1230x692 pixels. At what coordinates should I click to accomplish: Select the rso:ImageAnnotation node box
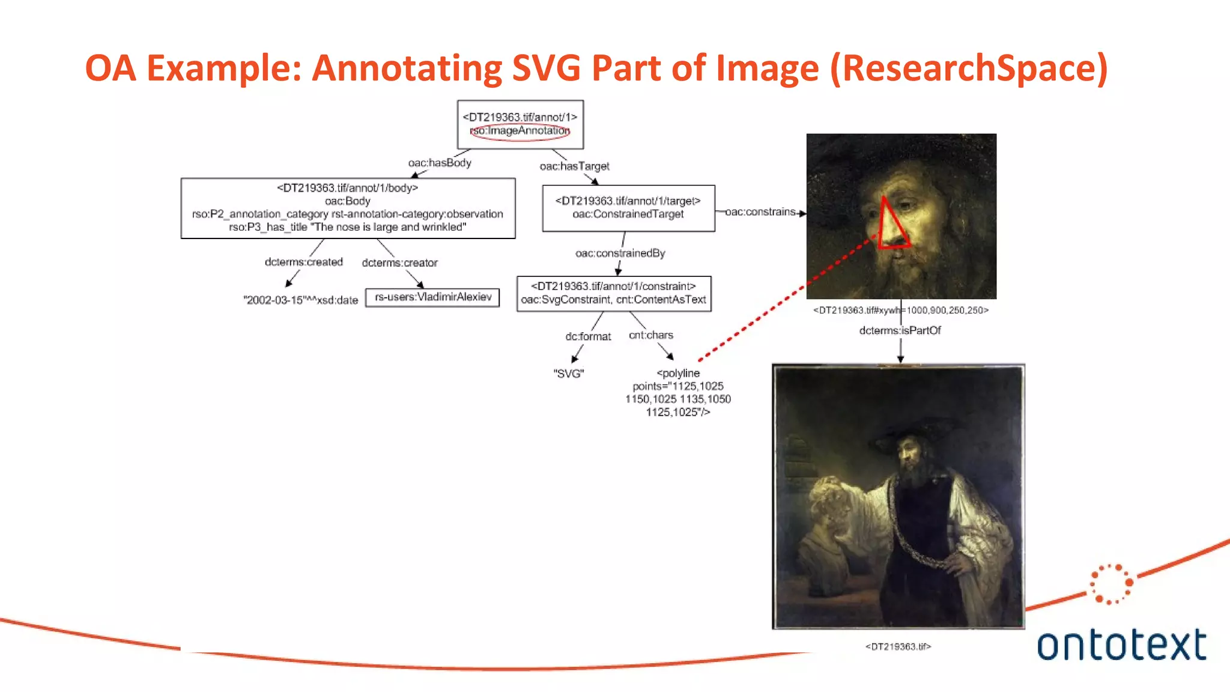point(520,124)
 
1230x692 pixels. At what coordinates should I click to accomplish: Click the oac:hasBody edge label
point(440,163)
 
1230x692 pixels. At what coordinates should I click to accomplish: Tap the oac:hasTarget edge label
point(574,166)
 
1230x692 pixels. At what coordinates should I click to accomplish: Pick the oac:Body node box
point(348,208)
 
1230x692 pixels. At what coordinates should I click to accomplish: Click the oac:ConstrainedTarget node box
point(628,208)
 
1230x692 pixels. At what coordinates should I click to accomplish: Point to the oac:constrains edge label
point(760,212)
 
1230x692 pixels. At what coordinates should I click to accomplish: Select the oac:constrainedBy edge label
point(620,253)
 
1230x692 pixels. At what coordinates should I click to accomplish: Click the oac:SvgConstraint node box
point(614,293)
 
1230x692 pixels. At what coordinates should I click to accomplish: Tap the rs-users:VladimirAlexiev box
point(432,297)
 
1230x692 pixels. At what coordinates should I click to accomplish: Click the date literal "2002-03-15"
point(300,300)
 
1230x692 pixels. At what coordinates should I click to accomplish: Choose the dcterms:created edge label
point(304,263)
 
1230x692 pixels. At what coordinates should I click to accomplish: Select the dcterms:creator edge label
point(399,263)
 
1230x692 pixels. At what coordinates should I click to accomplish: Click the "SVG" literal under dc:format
point(568,374)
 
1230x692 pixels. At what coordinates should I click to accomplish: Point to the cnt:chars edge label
point(650,335)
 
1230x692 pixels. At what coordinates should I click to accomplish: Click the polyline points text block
point(678,393)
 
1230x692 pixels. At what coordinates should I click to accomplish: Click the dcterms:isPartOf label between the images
point(900,330)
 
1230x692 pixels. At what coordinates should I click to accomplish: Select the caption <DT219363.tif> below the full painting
point(898,647)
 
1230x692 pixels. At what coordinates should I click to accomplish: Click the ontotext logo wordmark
point(1121,645)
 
